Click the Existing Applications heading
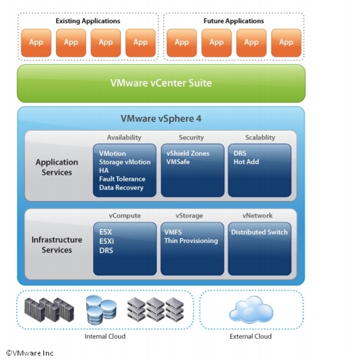click(x=88, y=21)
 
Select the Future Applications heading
click(x=234, y=21)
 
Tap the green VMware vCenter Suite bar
click(x=161, y=84)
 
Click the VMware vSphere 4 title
click(x=161, y=119)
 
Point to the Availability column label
click(x=124, y=138)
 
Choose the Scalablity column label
click(x=260, y=138)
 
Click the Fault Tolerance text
click(x=122, y=179)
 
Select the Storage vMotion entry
click(x=124, y=162)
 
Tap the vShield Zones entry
click(x=188, y=153)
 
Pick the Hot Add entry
click(x=246, y=162)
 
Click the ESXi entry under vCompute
click(x=106, y=241)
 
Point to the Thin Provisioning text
click(x=191, y=241)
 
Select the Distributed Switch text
click(x=260, y=232)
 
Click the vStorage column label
click(x=189, y=215)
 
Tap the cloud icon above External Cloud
click(x=251, y=310)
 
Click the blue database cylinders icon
click(x=101, y=310)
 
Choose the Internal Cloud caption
click(x=105, y=337)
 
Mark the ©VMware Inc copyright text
click(x=30, y=353)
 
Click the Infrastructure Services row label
click(x=57, y=245)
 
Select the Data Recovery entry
click(x=121, y=188)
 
